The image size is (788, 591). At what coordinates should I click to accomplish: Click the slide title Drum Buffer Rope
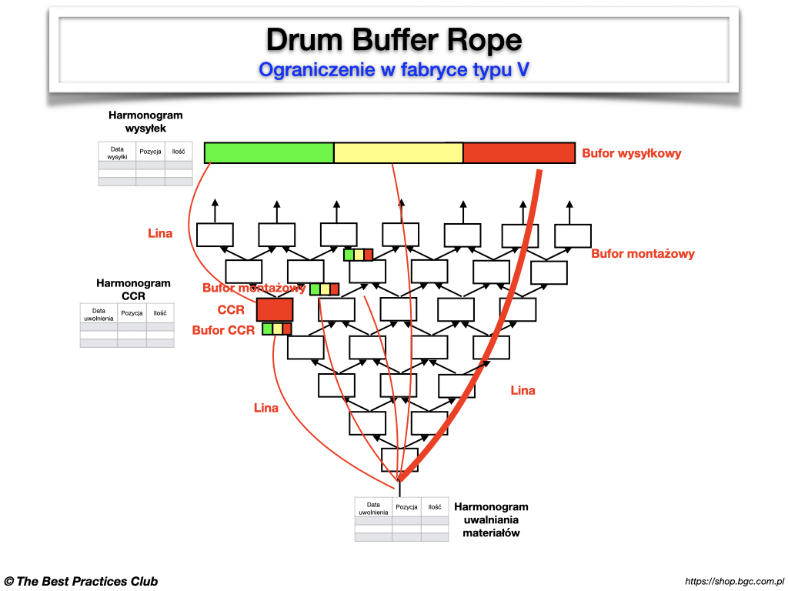click(393, 38)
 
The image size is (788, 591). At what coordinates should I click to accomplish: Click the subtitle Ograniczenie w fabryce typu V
click(393, 69)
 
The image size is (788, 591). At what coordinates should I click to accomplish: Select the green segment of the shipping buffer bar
click(269, 152)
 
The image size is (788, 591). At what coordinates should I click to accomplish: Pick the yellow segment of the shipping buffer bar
click(398, 152)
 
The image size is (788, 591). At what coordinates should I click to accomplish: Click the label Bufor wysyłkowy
click(631, 153)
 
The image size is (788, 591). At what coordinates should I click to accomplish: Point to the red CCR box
click(275, 309)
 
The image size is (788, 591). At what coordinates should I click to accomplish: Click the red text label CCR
click(231, 310)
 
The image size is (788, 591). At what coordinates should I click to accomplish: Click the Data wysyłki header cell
click(117, 152)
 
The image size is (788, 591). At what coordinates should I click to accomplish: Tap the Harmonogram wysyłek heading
click(145, 122)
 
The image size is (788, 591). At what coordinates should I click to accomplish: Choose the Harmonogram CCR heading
click(133, 289)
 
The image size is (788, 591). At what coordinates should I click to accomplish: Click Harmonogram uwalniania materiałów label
click(491, 519)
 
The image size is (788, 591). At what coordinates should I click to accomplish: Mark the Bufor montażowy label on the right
click(643, 254)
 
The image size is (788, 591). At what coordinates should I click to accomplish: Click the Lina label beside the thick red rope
click(523, 390)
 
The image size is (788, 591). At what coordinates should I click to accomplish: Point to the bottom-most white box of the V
click(399, 459)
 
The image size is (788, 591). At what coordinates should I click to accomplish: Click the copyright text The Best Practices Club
click(81, 581)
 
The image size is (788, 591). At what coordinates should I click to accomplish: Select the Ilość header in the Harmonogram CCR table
click(160, 313)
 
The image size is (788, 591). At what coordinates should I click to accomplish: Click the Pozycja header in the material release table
click(406, 507)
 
